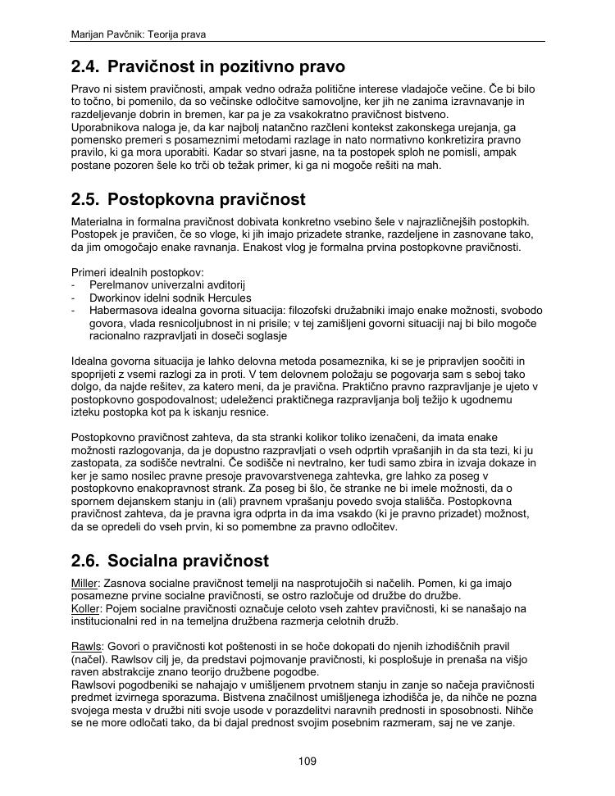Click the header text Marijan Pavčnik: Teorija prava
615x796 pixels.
[x=139, y=34]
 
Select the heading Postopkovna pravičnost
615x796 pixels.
[x=206, y=199]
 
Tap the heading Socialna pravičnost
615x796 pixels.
[x=188, y=561]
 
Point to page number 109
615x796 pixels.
[x=307, y=762]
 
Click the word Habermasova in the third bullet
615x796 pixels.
[x=125, y=311]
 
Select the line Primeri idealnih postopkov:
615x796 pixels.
[x=137, y=272]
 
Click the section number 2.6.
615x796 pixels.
[x=85, y=561]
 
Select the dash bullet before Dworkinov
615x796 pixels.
[x=74, y=298]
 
